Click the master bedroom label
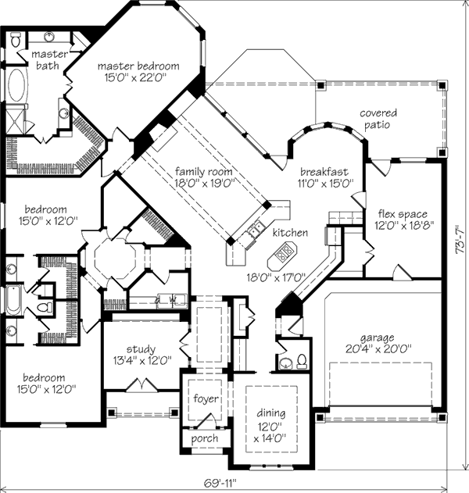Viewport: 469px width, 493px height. (x=138, y=66)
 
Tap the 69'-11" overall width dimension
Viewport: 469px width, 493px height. (x=220, y=483)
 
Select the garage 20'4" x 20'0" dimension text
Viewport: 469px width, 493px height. (x=379, y=349)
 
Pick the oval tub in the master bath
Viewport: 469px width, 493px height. (x=16, y=85)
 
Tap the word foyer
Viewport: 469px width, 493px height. (x=206, y=398)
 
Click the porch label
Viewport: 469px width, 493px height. (x=205, y=438)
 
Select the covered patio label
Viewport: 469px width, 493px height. (x=378, y=119)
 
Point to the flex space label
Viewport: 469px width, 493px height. (x=403, y=214)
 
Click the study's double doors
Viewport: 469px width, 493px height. (x=141, y=384)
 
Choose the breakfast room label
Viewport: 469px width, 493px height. (x=324, y=172)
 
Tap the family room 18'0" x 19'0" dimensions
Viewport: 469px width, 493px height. (x=205, y=183)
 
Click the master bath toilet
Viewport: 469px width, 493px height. (x=15, y=41)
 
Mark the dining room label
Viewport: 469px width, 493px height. (x=271, y=413)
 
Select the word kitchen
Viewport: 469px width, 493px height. (x=290, y=233)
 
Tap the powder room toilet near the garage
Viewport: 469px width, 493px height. (x=302, y=361)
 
